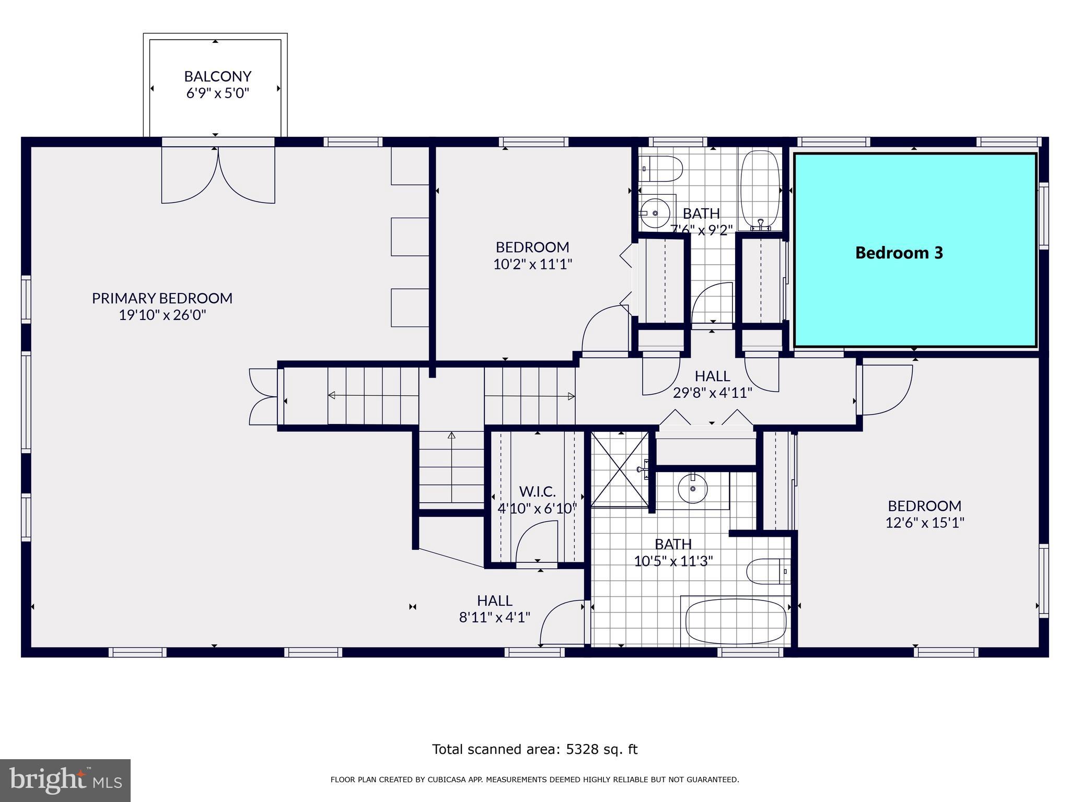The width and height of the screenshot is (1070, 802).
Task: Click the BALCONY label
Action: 217,76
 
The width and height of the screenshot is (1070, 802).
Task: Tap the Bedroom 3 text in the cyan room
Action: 899,253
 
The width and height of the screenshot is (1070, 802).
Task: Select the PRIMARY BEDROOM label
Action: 162,298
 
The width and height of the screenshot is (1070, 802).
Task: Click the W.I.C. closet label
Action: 537,491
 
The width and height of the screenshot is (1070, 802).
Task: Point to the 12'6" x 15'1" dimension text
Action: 924,523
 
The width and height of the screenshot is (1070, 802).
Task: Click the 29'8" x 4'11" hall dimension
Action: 712,393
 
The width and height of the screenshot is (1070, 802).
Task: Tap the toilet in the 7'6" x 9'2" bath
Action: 662,169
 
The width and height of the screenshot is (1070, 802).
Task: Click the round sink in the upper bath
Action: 655,213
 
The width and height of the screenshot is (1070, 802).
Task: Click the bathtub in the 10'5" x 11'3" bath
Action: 736,622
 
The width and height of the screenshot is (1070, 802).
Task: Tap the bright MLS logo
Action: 65,781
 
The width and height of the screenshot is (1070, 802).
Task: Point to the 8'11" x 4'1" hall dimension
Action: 494,618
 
